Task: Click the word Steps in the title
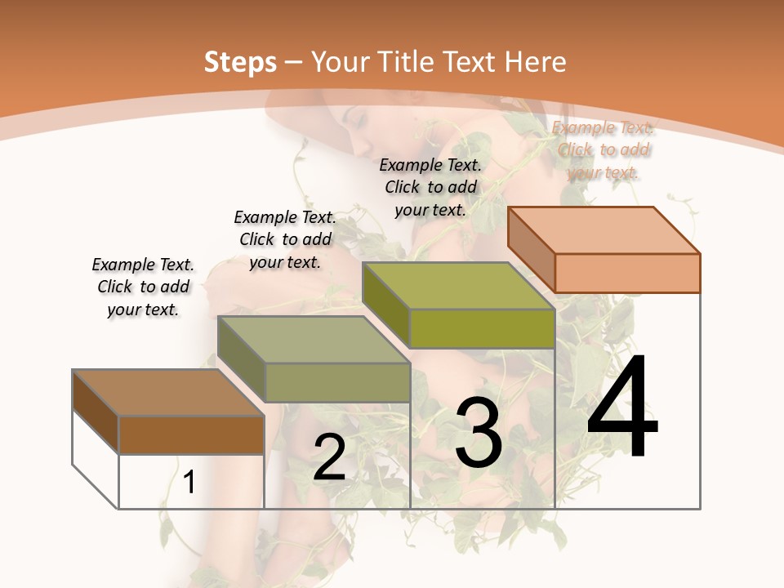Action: coord(240,62)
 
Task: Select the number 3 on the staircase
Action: coord(479,433)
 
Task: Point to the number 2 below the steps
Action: coord(329,457)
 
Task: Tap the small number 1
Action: coord(189,482)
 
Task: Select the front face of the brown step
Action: coord(191,434)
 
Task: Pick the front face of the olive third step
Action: coord(482,328)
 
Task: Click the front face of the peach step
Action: coord(627,273)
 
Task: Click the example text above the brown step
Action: coord(143,287)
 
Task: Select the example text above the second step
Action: coord(285,239)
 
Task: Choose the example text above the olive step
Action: coord(430,187)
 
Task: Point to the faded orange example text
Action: coord(603,149)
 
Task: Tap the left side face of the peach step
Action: coord(531,249)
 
